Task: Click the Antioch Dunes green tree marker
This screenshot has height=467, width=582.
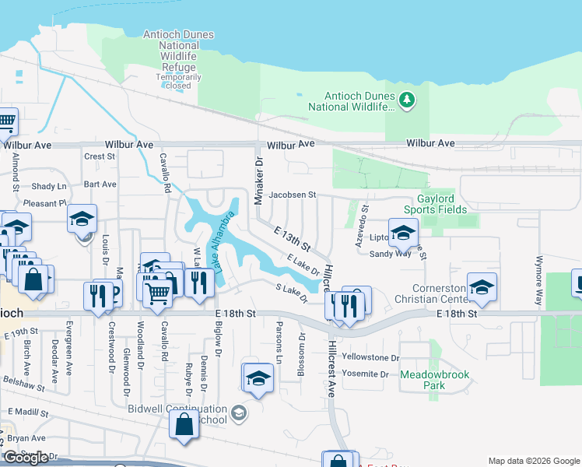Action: click(x=406, y=100)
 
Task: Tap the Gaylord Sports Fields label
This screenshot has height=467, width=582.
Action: click(x=435, y=204)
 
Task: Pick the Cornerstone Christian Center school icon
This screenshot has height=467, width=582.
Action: click(x=482, y=288)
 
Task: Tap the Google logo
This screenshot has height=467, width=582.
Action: click(x=26, y=457)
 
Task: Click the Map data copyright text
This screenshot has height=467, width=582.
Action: click(x=534, y=461)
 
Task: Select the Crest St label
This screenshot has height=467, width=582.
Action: click(x=100, y=156)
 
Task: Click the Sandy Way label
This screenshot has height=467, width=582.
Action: click(x=390, y=254)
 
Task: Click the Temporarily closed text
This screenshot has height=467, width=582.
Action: click(x=179, y=81)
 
